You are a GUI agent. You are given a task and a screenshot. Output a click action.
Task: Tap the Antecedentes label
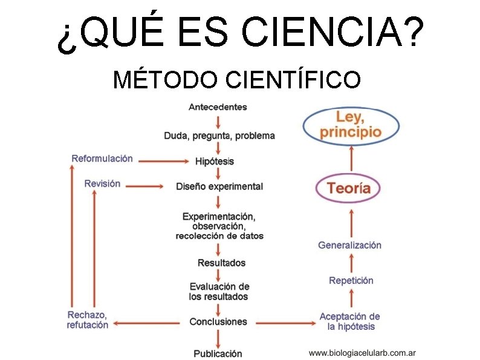tap(218, 107)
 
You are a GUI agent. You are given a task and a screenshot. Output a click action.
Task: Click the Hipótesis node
tap(215, 162)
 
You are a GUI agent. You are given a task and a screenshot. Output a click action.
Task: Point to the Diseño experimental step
tap(219, 186)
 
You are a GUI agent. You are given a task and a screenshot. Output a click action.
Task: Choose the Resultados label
tap(221, 263)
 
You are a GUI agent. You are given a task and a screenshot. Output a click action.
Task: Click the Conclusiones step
tap(218, 322)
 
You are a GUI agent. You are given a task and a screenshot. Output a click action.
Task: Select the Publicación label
tap(218, 353)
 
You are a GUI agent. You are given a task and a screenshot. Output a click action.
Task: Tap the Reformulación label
tap(102, 159)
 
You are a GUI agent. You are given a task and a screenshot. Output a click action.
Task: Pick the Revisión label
tap(102, 184)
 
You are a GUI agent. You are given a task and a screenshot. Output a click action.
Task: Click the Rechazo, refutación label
tap(88, 320)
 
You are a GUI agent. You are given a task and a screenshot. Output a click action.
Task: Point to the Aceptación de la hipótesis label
tap(350, 321)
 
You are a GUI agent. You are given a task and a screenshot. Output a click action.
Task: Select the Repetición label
tap(351, 280)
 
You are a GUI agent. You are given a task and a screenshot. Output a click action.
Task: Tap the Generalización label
tap(349, 245)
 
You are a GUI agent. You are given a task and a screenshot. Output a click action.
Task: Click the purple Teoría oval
tap(349, 188)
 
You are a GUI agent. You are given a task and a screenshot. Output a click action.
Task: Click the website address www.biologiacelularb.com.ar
tap(362, 353)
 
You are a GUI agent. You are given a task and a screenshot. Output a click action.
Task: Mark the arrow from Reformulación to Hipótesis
tap(161, 161)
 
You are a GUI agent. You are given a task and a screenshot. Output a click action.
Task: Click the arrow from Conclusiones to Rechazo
tap(148, 322)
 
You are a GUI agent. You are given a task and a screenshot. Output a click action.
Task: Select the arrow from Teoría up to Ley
tap(351, 159)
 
